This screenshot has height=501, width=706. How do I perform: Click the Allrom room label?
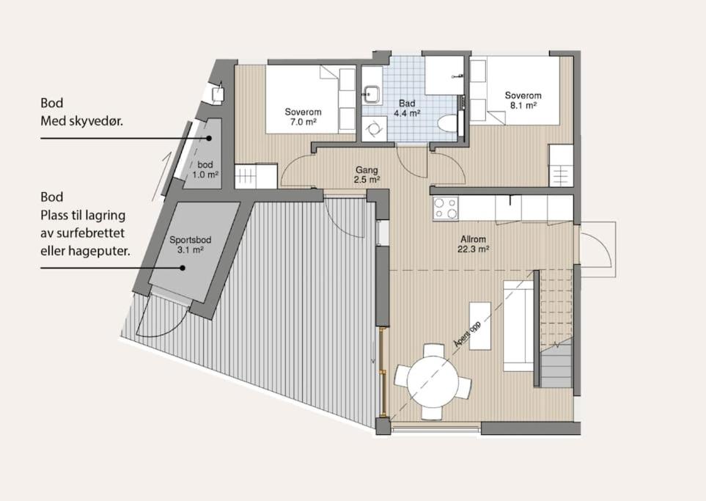pos(473,239)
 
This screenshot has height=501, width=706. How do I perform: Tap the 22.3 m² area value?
pos(473,249)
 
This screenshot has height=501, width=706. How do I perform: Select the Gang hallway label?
pos(367,170)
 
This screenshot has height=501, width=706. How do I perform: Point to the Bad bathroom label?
pos(407,103)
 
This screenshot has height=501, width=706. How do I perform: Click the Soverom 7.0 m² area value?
pos(303,122)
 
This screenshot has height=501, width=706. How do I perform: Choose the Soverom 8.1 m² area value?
pos(523,106)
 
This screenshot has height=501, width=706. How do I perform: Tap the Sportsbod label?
pos(190,240)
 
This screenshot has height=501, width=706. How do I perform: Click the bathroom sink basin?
pos(372,93)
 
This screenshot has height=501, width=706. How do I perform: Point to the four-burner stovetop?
pos(445,208)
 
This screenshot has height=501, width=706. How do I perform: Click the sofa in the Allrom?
pos(518,325)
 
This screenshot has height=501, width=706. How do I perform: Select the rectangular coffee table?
pos(480,326)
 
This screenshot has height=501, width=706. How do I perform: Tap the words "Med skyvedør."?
pos(81,121)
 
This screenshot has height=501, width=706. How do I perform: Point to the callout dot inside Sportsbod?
pos(183,268)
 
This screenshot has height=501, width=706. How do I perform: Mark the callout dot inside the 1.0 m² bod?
pos(209,139)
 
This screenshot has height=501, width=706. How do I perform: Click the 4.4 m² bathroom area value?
pos(407,113)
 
